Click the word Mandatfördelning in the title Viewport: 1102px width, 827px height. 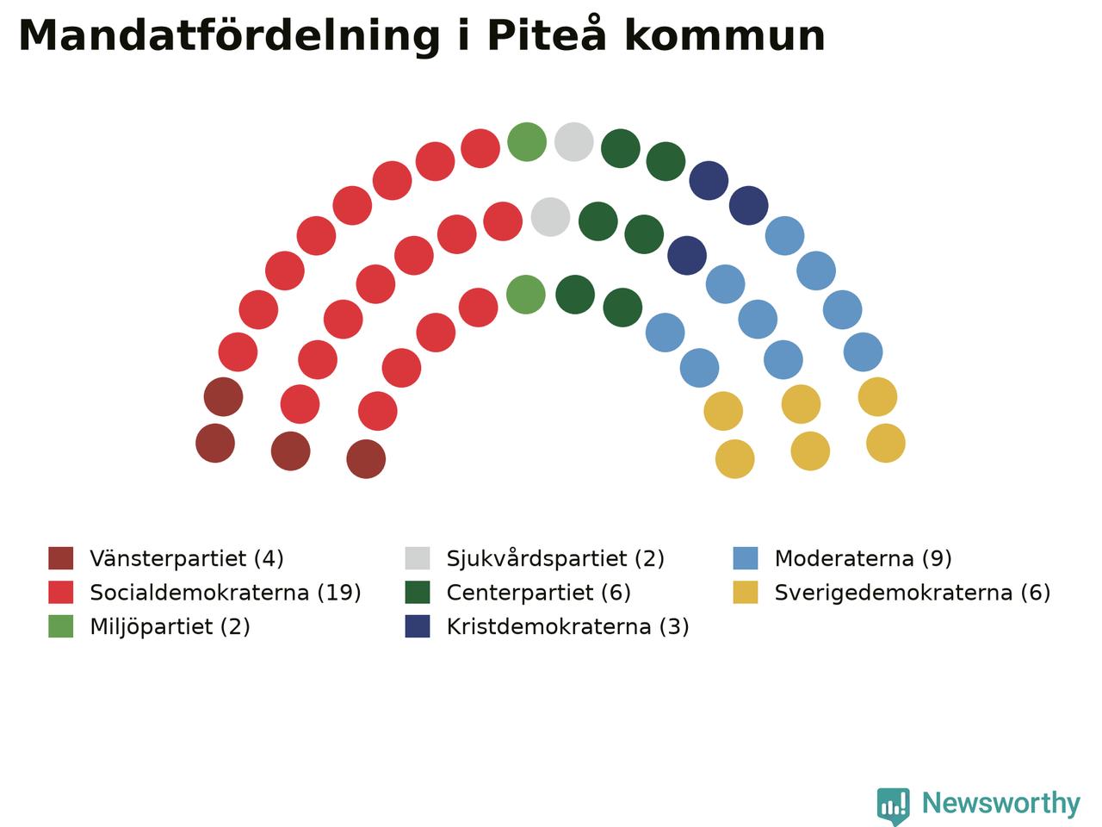tap(229, 37)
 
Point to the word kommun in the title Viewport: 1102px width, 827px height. tap(725, 35)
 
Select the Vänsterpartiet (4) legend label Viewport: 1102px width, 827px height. tap(187, 558)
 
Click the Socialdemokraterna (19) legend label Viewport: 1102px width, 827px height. tap(226, 593)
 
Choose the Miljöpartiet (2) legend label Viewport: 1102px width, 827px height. tap(170, 626)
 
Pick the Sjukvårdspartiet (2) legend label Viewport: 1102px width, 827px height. tap(555, 558)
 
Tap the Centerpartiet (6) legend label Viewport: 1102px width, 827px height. tap(538, 593)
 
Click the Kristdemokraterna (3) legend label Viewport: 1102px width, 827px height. tap(567, 626)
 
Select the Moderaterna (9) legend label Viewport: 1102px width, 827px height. tap(863, 558)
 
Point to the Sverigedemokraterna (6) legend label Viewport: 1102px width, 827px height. tap(913, 593)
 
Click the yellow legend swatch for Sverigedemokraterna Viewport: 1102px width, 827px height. tap(745, 593)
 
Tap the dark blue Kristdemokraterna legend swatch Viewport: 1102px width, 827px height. tap(418, 626)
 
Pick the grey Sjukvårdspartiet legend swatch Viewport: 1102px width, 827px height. tap(418, 558)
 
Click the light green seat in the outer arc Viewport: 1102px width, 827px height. tap(527, 141)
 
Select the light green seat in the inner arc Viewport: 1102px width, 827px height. tap(526, 295)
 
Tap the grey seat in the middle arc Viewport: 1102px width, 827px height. tap(550, 217)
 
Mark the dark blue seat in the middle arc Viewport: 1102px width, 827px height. tap(687, 256)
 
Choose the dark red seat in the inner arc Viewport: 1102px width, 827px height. tap(366, 459)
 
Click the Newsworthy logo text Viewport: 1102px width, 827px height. tap(1001, 804)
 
